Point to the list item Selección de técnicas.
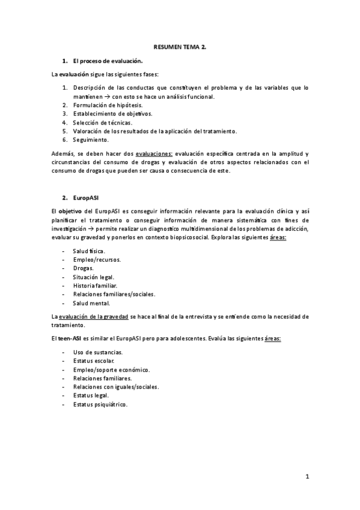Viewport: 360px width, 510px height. (x=102, y=122)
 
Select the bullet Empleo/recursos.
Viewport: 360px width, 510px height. (x=96, y=259)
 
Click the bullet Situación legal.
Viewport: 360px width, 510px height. (x=93, y=277)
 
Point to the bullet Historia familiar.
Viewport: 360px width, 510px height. (x=94, y=285)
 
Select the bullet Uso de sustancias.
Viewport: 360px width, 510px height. (x=97, y=352)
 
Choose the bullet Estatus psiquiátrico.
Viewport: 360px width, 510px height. (x=100, y=405)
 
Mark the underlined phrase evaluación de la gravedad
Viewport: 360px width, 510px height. (x=93, y=316)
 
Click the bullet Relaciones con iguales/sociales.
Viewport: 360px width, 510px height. (x=115, y=387)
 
